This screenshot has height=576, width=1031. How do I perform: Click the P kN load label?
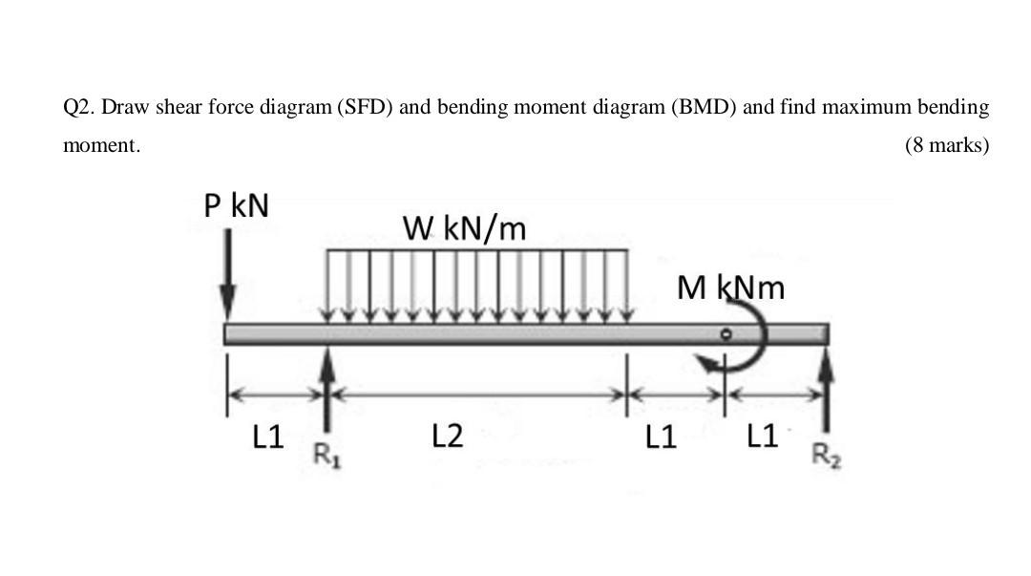(x=237, y=205)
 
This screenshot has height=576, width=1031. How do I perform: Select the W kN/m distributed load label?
(x=464, y=228)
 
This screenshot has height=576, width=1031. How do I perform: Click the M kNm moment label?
(x=730, y=287)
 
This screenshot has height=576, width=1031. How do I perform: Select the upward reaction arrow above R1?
(x=327, y=387)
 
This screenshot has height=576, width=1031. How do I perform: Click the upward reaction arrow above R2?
(x=827, y=382)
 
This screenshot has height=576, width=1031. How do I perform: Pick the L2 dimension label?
(x=447, y=437)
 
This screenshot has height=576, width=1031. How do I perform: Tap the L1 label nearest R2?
(x=762, y=437)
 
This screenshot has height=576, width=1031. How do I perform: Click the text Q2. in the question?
(x=79, y=107)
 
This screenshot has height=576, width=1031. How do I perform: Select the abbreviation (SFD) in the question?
(x=363, y=107)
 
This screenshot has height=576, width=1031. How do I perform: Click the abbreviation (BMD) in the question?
(x=705, y=107)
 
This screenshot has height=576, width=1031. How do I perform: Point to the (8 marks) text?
(x=946, y=146)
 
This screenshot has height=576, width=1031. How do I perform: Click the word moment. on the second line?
(x=101, y=146)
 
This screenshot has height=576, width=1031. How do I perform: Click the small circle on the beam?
(x=726, y=334)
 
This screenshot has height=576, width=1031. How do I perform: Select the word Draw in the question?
(x=122, y=107)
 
